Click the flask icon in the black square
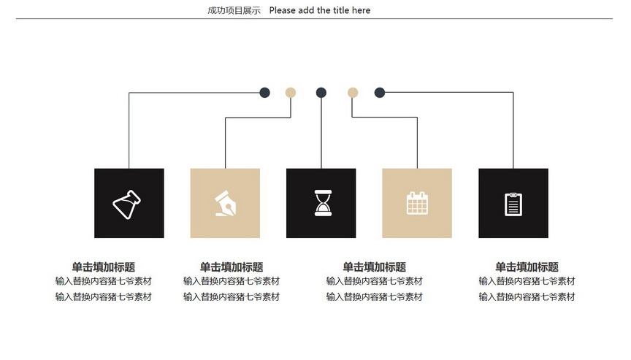click(126, 204)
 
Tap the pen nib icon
click(226, 204)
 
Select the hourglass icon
click(323, 203)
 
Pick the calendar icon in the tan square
click(417, 203)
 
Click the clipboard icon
click(513, 204)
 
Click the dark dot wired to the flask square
click(264, 93)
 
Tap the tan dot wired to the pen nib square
click(291, 93)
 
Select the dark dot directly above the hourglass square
click(321, 93)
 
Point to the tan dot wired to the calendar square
click(353, 93)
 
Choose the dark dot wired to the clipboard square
click(380, 93)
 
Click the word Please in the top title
click(283, 10)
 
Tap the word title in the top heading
click(341, 10)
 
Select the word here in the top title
click(361, 10)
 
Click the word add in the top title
click(306, 10)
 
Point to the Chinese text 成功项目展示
click(234, 10)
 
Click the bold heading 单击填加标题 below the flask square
click(104, 267)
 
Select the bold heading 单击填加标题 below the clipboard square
click(527, 267)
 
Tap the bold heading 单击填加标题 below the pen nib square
click(232, 267)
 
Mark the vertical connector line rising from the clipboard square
click(513, 130)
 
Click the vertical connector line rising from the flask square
click(129, 131)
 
